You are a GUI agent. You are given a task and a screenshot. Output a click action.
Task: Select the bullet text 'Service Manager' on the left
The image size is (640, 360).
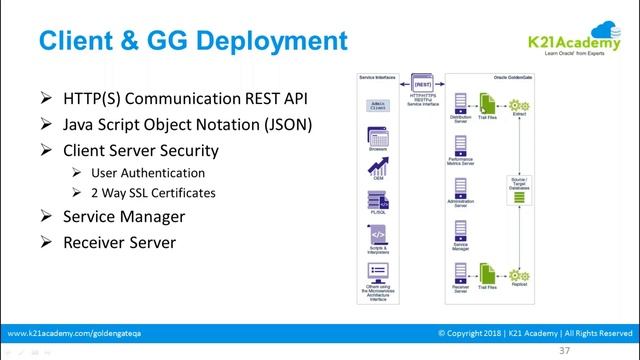tap(125, 216)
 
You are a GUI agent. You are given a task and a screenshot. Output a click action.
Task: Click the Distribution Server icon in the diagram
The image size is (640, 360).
tap(462, 102)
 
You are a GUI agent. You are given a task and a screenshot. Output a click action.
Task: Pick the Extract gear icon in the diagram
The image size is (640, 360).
tap(518, 105)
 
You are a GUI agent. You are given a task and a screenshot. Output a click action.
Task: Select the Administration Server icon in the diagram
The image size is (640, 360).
tap(462, 189)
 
